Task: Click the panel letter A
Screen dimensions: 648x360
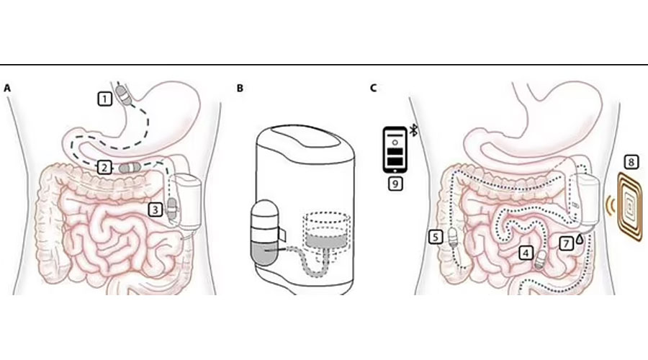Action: tap(7, 88)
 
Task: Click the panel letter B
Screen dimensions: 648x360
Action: tap(240, 88)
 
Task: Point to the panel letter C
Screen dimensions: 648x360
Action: tap(374, 88)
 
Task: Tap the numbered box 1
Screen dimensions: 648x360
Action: tap(105, 99)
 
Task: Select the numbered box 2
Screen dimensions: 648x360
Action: tap(104, 167)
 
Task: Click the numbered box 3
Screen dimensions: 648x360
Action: tap(156, 210)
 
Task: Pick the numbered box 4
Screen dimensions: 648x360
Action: tap(526, 253)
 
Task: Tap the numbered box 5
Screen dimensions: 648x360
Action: tap(435, 237)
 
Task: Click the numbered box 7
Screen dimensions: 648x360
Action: tap(566, 243)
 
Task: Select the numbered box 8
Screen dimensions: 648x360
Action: tap(631, 162)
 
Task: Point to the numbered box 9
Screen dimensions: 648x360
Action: tap(395, 184)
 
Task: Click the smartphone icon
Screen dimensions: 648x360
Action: tap(395, 150)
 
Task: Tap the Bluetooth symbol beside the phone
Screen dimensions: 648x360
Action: tap(413, 130)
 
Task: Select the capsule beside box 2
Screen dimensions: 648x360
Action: tap(130, 167)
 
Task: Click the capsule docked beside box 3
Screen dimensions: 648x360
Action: tap(171, 209)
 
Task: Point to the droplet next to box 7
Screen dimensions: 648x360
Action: tap(580, 238)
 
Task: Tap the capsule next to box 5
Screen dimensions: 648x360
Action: tap(454, 237)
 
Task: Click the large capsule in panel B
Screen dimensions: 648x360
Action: tap(266, 233)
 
